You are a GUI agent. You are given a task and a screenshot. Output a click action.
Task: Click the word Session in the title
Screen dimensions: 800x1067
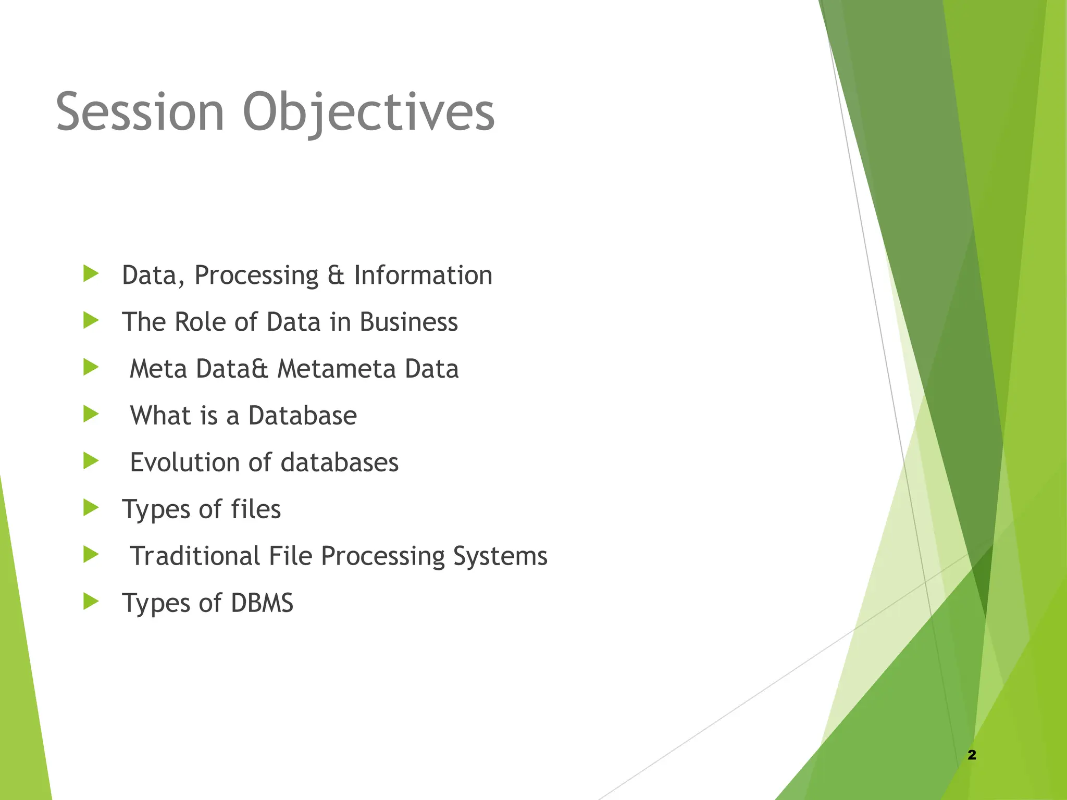140,112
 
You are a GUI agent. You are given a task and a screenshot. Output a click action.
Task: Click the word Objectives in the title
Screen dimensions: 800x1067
368,112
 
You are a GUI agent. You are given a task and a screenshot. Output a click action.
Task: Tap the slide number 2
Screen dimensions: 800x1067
972,755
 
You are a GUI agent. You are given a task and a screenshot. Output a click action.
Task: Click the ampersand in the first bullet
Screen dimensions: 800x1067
336,276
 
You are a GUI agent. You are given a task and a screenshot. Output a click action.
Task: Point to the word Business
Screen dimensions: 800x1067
408,322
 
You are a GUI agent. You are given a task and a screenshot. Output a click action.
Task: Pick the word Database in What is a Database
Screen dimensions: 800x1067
302,416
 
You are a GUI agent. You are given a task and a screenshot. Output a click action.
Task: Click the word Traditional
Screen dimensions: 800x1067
195,556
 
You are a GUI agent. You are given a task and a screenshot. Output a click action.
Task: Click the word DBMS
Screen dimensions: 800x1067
262,603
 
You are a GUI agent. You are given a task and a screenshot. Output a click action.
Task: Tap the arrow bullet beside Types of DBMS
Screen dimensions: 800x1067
91,602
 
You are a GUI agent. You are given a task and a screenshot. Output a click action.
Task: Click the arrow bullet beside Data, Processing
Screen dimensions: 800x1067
91,273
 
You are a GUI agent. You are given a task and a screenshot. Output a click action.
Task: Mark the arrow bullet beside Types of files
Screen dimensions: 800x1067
91,508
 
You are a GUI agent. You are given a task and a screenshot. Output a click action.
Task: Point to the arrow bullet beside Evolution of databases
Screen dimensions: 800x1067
91,461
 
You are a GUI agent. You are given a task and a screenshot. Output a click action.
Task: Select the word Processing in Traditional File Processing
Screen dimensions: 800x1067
382,557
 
